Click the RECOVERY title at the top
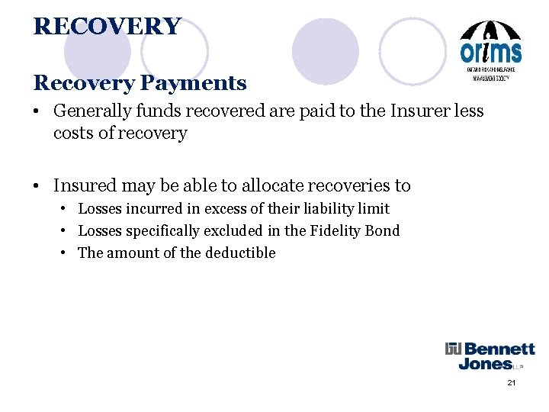click(x=107, y=27)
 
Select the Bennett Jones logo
click(x=490, y=356)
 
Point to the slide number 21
click(x=512, y=382)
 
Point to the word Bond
click(x=384, y=230)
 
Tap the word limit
click(x=374, y=208)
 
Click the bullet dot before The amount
click(x=66, y=253)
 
